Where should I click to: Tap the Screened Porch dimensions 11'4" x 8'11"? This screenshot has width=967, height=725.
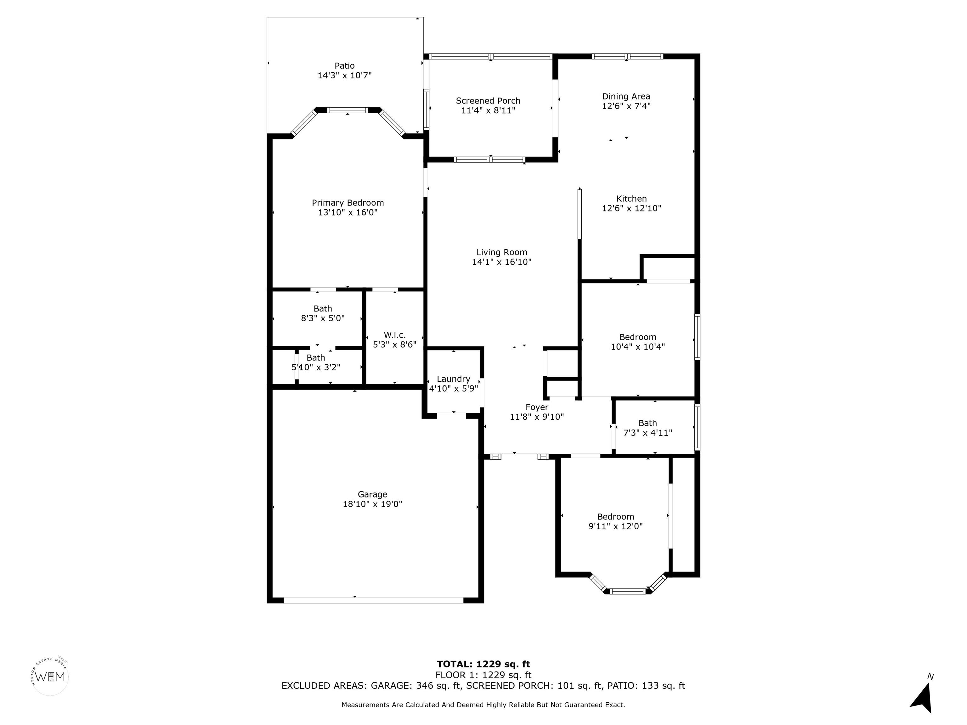pyautogui.click(x=488, y=110)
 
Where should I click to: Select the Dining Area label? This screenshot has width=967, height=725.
pyautogui.click(x=626, y=97)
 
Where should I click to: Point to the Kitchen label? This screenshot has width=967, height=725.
pyautogui.click(x=631, y=199)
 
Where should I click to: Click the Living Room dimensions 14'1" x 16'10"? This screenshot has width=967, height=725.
pyautogui.click(x=502, y=262)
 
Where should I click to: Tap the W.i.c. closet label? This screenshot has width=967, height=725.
pyautogui.click(x=395, y=335)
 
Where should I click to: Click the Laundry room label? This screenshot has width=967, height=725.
pyautogui.click(x=453, y=379)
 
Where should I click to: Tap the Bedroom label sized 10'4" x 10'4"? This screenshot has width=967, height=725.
pyautogui.click(x=638, y=337)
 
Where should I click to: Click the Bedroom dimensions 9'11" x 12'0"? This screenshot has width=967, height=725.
pyautogui.click(x=615, y=526)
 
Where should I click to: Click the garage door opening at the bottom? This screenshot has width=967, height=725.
pyautogui.click(x=373, y=600)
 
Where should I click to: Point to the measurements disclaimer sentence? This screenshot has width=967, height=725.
pyautogui.click(x=483, y=705)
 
